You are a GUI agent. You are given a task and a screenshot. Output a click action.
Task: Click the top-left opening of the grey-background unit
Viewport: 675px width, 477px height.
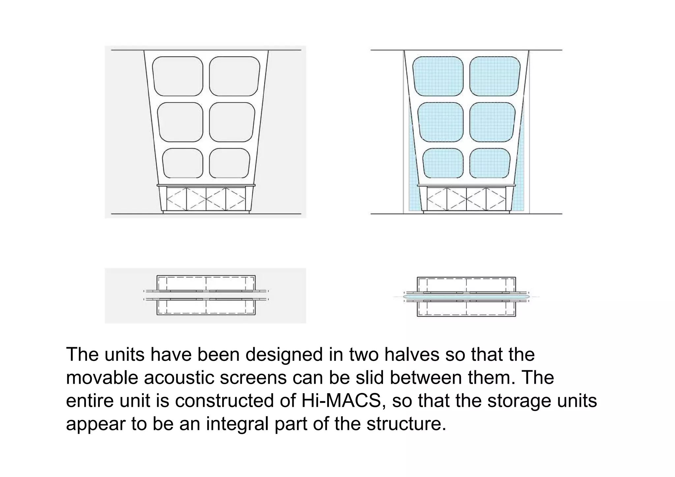click(x=178, y=76)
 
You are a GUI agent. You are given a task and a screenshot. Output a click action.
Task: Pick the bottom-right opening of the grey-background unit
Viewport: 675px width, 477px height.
click(x=229, y=163)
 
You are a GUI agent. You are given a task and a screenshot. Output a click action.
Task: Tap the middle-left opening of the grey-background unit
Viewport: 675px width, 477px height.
click(x=180, y=122)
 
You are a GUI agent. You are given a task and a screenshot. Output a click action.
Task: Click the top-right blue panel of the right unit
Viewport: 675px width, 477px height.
click(x=495, y=76)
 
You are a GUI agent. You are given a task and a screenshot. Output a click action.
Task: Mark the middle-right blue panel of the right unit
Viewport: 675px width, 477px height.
click(x=492, y=122)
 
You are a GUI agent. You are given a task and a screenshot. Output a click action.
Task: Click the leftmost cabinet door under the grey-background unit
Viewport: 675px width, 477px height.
click(x=177, y=199)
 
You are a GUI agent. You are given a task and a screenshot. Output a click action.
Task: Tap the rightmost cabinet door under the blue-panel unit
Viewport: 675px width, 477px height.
click(x=496, y=199)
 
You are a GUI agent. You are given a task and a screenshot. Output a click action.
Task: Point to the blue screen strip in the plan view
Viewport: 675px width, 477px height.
click(x=466, y=297)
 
